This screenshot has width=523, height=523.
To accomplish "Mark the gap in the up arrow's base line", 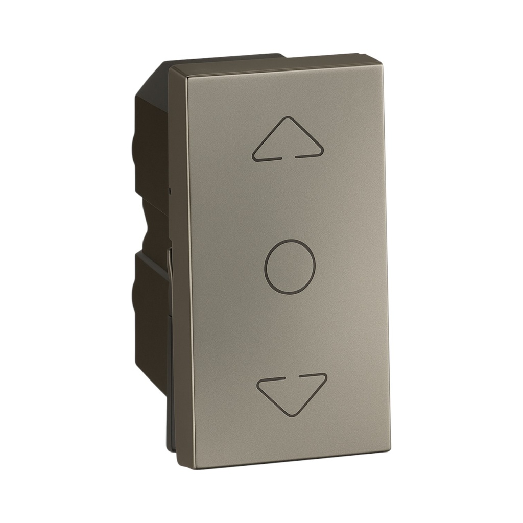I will pos(287,157).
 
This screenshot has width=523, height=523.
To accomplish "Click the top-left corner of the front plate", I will pos(171,68).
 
